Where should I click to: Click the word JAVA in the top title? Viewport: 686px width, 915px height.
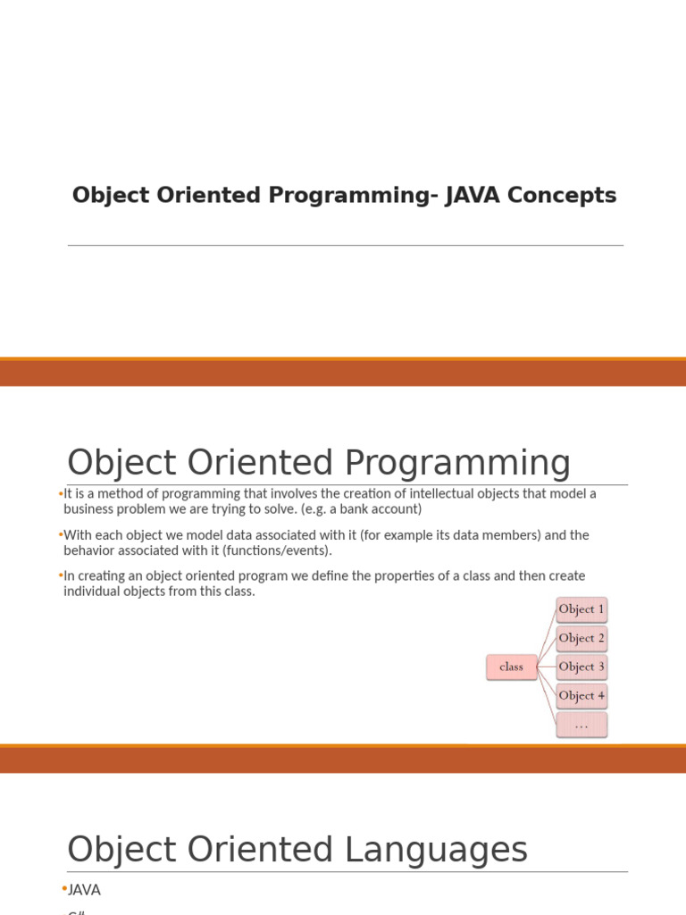[x=468, y=196]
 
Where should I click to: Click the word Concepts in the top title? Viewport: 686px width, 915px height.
[x=562, y=196]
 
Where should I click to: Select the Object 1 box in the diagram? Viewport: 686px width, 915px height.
[x=581, y=609]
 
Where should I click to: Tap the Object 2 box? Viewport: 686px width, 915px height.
[x=581, y=638]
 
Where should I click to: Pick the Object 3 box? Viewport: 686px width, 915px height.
[x=581, y=667]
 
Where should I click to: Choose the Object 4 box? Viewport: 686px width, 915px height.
[x=581, y=695]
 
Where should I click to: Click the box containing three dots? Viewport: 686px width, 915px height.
[x=581, y=725]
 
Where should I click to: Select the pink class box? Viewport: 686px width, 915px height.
[x=512, y=667]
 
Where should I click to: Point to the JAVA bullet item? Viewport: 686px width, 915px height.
[x=84, y=890]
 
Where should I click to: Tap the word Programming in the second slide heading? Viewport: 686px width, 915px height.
[x=457, y=464]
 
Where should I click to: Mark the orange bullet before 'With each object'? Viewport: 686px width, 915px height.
[x=60, y=534]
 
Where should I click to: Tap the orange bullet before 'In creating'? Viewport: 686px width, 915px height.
[x=60, y=575]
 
